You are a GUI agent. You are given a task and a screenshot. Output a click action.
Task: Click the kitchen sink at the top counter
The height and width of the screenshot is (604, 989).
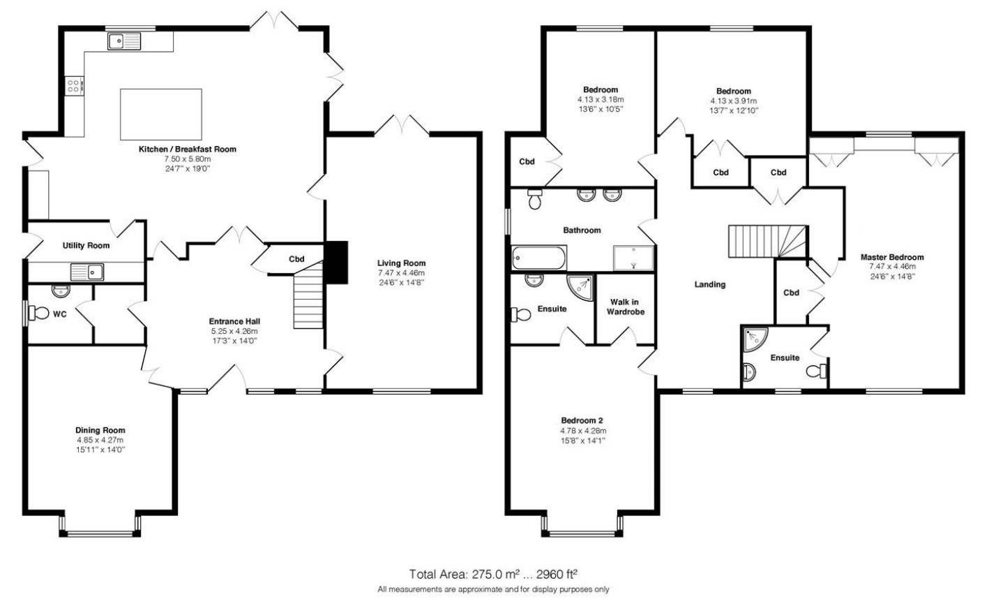point(124,43)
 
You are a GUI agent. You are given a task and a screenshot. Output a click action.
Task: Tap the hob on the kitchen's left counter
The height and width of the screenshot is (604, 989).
point(74,86)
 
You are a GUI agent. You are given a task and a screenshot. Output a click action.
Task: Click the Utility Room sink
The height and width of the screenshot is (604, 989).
point(86,271)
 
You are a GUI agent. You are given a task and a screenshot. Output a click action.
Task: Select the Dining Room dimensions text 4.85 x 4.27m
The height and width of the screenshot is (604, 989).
point(100,440)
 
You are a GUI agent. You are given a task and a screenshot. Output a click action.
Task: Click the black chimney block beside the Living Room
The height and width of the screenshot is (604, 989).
point(338,263)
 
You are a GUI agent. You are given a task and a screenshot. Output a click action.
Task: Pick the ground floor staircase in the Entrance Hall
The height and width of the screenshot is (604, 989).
point(309,300)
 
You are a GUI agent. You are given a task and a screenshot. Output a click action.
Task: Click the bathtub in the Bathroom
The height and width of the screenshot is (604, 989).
point(538,258)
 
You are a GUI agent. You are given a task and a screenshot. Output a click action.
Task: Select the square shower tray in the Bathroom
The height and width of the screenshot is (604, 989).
point(633,257)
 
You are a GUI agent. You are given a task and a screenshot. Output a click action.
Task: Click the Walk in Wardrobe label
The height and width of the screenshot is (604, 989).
point(625,307)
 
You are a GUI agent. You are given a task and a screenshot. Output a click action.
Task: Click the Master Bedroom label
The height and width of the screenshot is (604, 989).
point(891,257)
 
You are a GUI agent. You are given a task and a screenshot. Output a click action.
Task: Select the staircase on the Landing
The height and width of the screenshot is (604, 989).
point(767,242)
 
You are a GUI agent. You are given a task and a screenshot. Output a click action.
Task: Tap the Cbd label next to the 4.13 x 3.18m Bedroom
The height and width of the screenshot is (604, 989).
point(527,162)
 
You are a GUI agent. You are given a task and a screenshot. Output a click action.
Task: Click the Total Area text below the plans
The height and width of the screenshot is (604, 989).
point(493,575)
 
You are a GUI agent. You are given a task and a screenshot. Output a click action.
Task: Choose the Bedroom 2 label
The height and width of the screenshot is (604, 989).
point(582,420)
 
